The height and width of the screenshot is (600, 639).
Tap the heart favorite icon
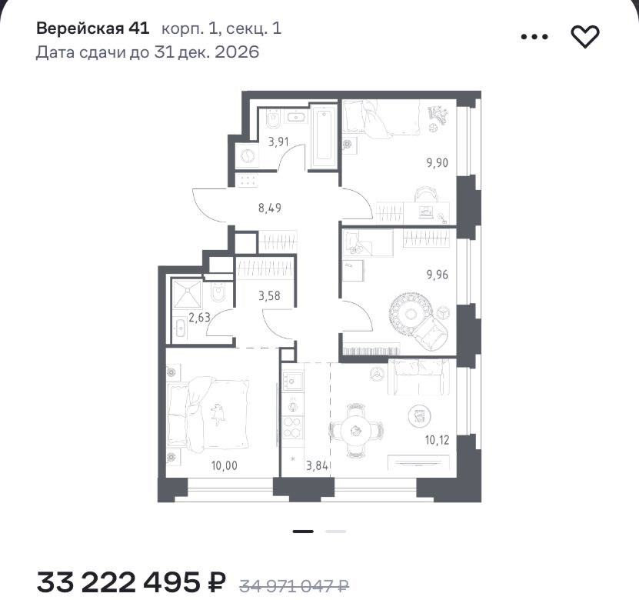point(585,36)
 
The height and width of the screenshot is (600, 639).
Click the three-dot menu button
point(534,37)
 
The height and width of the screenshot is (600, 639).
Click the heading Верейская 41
point(93,28)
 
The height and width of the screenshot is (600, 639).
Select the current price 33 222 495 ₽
point(131,582)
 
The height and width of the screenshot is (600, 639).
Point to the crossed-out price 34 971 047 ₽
point(294,585)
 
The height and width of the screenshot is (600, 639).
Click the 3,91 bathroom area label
point(278,142)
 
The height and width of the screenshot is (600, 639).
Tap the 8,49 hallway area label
point(270,208)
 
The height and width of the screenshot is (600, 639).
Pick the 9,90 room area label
point(438,162)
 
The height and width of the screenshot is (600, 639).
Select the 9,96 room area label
point(438,275)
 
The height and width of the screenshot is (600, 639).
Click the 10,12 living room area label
point(438,440)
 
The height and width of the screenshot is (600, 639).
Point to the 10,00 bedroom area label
point(224,465)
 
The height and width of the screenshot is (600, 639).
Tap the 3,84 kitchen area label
point(317,465)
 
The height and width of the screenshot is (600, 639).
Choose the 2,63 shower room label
point(199,317)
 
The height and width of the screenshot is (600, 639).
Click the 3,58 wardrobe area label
point(269,295)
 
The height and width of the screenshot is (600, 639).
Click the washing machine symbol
point(248,155)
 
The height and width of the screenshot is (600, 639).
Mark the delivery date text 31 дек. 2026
point(206,52)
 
